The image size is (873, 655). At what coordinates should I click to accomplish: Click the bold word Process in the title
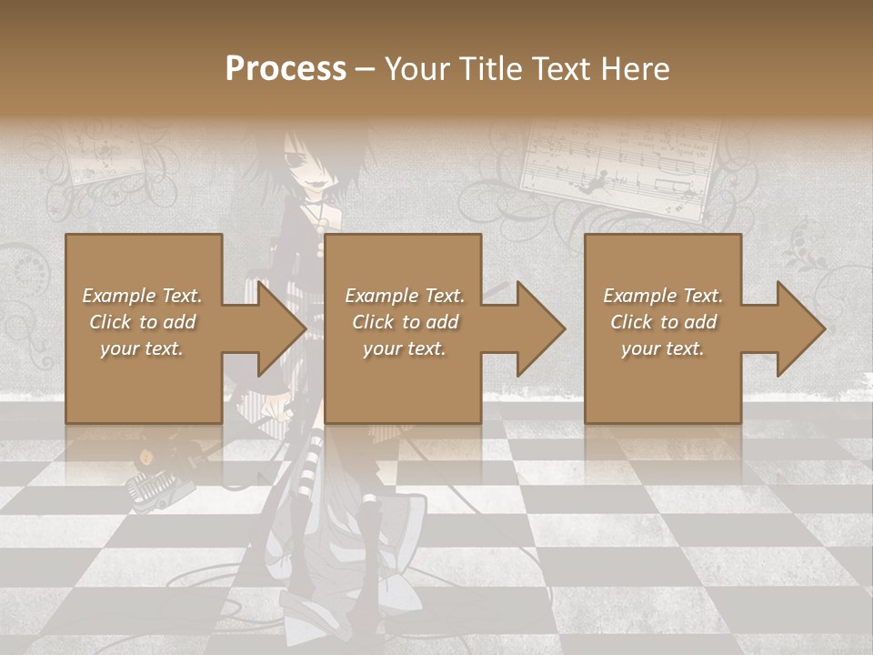pos(286,68)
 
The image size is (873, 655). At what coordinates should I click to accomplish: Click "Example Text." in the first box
pos(142,296)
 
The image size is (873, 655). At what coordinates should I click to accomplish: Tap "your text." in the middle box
pos(404,348)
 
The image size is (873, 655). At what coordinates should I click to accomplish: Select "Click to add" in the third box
pos(663,322)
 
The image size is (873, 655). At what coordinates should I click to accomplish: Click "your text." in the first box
pos(142,348)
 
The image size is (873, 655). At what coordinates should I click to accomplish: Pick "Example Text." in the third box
pos(663,296)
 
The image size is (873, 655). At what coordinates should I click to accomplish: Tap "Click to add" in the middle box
pos(404,322)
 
